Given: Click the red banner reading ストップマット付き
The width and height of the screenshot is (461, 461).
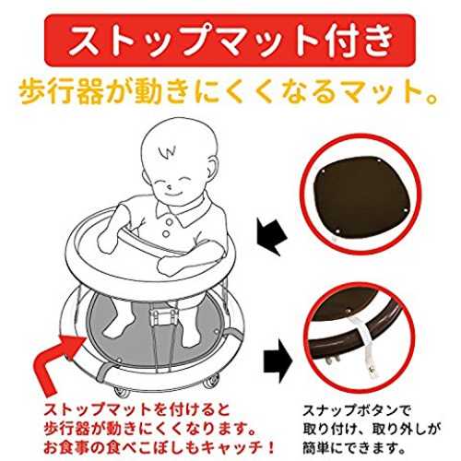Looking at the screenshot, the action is pyautogui.click(x=230, y=40).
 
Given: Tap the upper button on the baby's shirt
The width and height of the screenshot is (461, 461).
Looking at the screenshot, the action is pyautogui.click(x=169, y=221).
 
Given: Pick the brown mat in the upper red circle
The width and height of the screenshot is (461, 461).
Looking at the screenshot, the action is pyautogui.click(x=361, y=196).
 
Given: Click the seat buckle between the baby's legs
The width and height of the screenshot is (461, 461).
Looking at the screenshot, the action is pyautogui.click(x=163, y=316).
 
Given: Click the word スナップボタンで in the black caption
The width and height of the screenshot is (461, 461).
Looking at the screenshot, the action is pyautogui.click(x=357, y=410).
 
